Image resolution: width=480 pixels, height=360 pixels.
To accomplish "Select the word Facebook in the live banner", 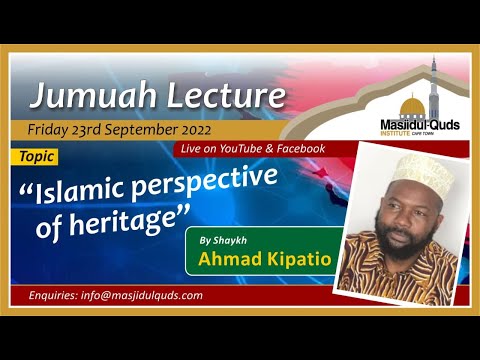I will [297, 148].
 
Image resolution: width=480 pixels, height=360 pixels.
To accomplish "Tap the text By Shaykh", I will [222, 241].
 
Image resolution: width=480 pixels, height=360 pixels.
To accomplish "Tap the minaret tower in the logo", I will [435, 85].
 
